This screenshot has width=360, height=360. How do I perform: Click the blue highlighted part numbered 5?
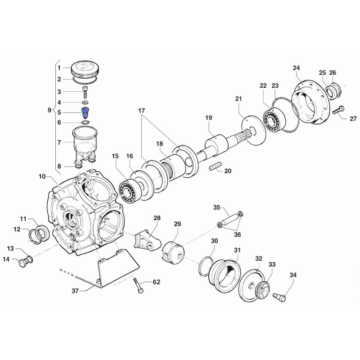[85, 112]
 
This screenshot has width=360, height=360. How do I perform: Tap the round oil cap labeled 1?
[86, 69]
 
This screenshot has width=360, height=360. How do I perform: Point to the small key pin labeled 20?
[216, 166]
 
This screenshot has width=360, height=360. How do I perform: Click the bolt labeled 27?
[338, 110]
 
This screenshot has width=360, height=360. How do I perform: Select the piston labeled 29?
[173, 252]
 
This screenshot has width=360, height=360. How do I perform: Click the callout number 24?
[296, 68]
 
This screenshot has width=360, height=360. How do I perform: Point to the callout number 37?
[75, 291]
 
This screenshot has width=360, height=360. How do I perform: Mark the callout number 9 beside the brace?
[49, 110]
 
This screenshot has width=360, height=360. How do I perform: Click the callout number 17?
[141, 110]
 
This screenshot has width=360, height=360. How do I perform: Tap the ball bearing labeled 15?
[129, 192]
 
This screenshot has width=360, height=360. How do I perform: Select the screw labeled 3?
[85, 92]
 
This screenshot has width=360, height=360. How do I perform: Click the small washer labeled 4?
[85, 102]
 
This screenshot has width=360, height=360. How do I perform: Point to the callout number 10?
[42, 176]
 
